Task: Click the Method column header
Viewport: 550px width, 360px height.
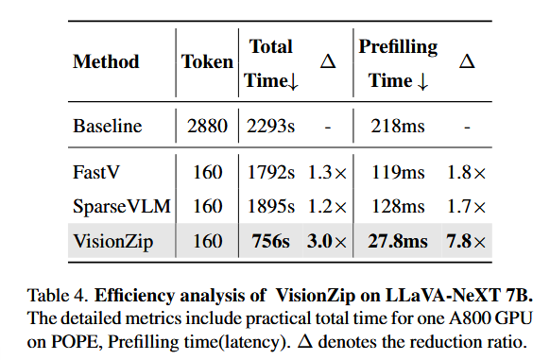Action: click(106, 61)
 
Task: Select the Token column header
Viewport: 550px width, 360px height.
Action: click(207, 61)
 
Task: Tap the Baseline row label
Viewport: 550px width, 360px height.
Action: click(108, 126)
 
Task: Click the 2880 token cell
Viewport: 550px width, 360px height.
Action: click(207, 126)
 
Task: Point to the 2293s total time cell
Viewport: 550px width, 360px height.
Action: click(271, 126)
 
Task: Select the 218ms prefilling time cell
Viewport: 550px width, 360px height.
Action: click(398, 126)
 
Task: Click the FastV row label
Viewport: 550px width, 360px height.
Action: click(96, 172)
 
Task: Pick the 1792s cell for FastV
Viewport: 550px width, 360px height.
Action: click(271, 172)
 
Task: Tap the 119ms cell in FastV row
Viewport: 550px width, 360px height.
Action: click(398, 172)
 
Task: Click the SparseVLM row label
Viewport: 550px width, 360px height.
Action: click(122, 206)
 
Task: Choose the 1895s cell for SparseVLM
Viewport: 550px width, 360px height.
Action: click(271, 206)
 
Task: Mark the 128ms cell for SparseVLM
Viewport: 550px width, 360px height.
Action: click(398, 206)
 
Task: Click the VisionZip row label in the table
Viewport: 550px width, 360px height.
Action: click(113, 242)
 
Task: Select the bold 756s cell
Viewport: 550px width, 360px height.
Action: click(271, 241)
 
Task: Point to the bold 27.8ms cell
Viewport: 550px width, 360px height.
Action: click(398, 241)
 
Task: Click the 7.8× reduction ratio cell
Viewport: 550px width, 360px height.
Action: click(466, 241)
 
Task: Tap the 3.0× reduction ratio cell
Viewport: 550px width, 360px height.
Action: click(327, 241)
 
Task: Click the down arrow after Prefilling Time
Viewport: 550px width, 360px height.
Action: click(423, 82)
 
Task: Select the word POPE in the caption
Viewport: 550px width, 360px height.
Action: click(75, 341)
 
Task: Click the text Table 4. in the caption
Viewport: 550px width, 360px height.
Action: click(58, 296)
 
